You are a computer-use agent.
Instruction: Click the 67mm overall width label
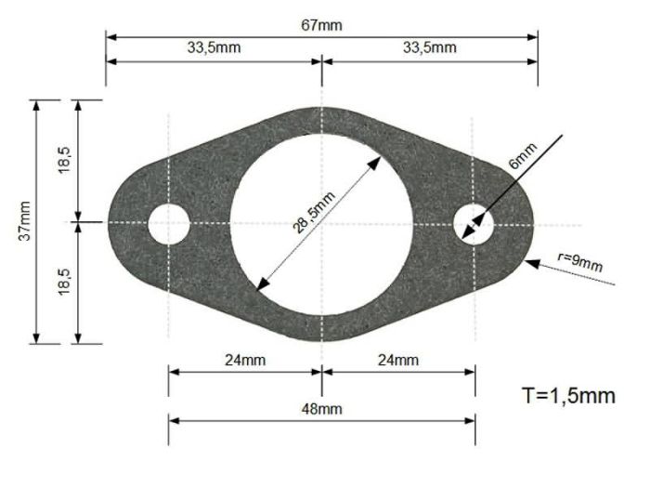[321, 25]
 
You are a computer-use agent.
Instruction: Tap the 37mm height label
[23, 222]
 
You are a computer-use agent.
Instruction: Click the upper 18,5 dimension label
[66, 161]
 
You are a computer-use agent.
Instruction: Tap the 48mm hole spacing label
[321, 408]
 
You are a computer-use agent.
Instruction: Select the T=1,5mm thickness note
[568, 396]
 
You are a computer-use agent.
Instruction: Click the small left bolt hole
[169, 224]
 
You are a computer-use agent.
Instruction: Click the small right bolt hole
[474, 224]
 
